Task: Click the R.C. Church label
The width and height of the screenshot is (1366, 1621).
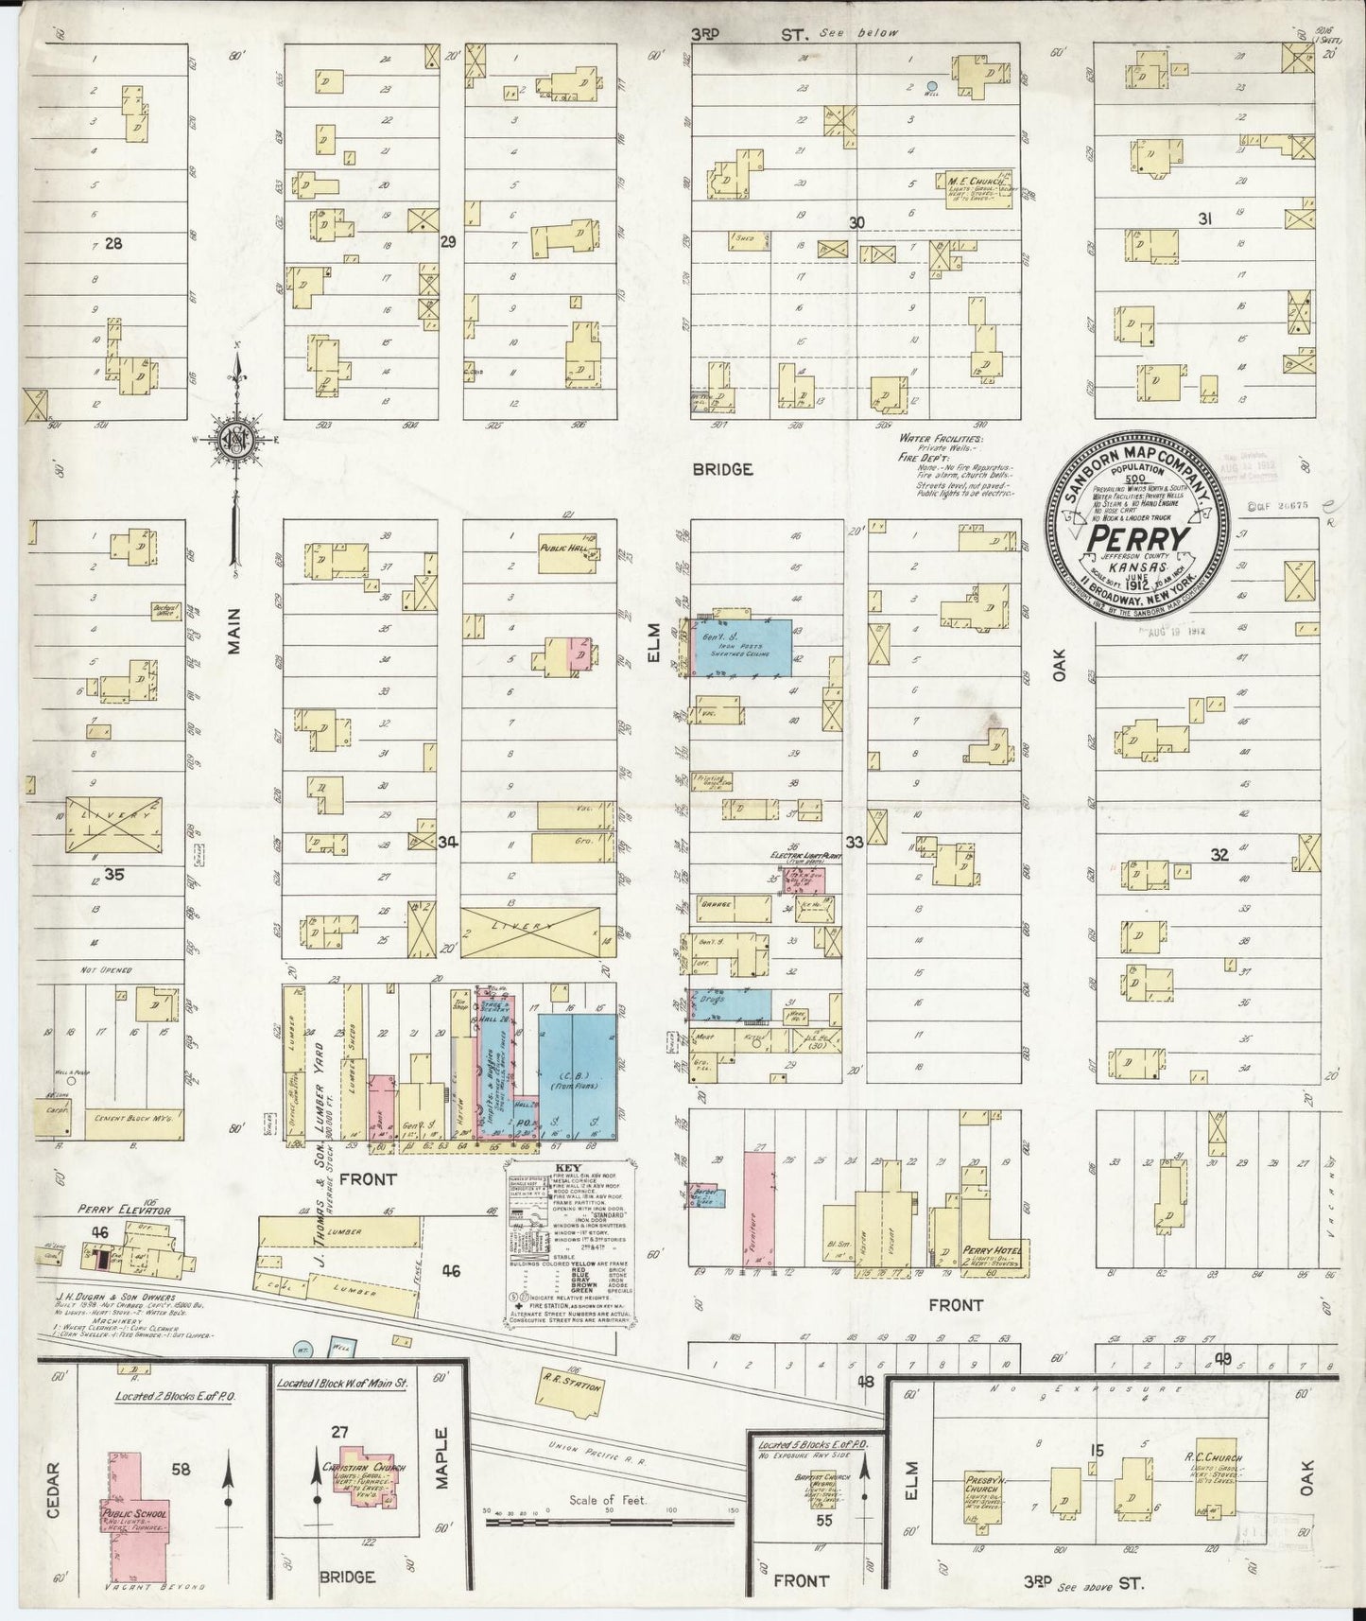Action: point(1213,1458)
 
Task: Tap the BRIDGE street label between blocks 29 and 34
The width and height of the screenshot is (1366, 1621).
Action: point(722,469)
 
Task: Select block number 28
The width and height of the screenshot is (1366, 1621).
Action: point(114,243)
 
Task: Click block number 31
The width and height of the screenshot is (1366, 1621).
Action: point(1204,219)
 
